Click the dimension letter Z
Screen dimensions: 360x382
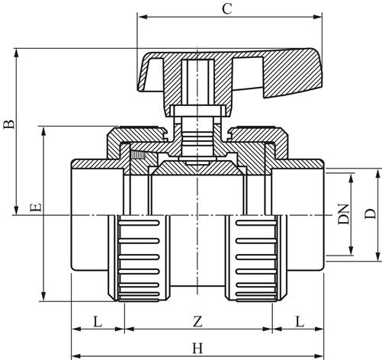197,322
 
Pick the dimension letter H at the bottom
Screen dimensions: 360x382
197,349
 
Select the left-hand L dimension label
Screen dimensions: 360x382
98,322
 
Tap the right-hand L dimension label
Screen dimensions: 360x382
300,322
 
